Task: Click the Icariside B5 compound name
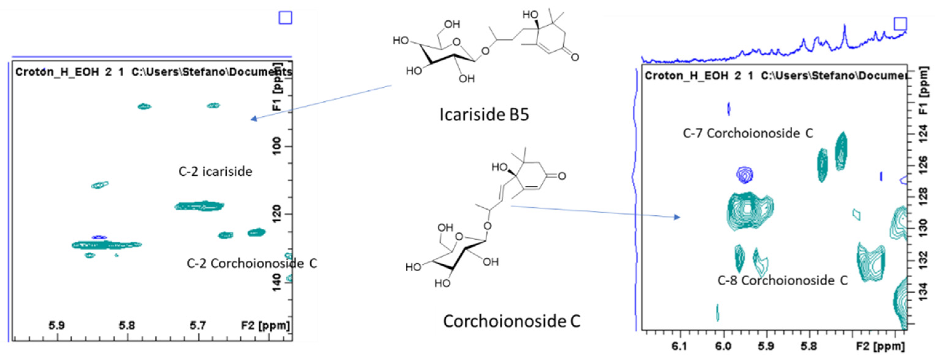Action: click(484, 114)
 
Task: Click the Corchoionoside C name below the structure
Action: click(511, 321)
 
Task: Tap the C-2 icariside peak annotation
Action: click(215, 171)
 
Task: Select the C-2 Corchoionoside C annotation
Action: click(252, 263)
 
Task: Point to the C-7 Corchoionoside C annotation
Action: click(748, 133)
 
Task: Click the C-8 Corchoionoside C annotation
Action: click(782, 280)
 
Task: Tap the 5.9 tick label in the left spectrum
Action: click(57, 325)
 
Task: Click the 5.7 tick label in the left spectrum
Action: click(198, 325)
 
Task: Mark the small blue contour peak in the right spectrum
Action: click(744, 175)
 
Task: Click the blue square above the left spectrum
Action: click(285, 18)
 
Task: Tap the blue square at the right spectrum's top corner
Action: click(901, 24)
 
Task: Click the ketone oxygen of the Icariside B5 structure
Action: click(575, 57)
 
